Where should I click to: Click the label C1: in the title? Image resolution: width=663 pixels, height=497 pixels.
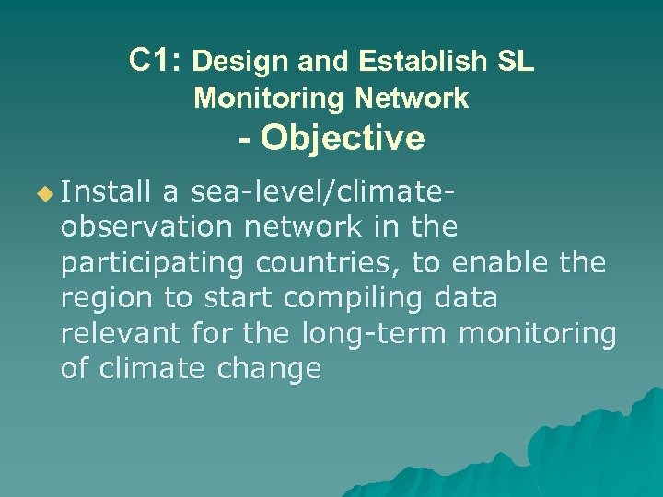tap(157, 61)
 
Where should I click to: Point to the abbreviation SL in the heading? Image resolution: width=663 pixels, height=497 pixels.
tap(516, 62)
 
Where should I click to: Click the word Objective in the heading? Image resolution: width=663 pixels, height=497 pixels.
tap(343, 139)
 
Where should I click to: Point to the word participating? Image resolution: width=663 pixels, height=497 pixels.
tap(152, 263)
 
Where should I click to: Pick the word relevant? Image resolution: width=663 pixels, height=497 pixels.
tap(121, 333)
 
